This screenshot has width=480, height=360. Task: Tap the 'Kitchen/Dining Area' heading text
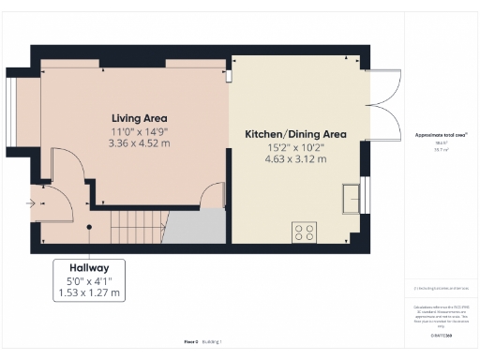pos(295,134)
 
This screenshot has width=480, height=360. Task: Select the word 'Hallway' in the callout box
pos(88,267)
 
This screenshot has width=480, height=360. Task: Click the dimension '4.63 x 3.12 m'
pos(295,159)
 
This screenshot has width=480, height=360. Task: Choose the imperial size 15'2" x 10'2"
pos(295,147)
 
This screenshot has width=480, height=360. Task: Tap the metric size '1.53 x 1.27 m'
pos(88,292)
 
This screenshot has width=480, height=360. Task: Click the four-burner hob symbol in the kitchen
pos(305,231)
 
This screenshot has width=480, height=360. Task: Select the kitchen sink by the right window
pos(352,197)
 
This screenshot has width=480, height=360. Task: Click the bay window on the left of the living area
pos(10,111)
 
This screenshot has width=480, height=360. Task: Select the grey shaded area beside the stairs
pos(197,227)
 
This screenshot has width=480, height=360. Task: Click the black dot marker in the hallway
pos(88,226)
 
